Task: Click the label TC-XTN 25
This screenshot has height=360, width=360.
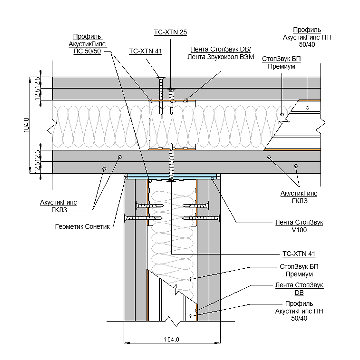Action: (170, 32)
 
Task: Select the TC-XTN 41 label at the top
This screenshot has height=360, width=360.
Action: (145, 51)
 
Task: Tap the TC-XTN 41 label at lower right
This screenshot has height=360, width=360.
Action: (299, 254)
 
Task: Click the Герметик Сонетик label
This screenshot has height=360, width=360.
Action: (82, 227)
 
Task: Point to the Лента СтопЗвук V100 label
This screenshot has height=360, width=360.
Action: (299, 226)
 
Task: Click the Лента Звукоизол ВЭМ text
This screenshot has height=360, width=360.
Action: (221, 57)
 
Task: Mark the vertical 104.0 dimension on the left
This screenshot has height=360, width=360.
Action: (27, 125)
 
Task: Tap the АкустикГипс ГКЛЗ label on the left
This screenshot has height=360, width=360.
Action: (58, 206)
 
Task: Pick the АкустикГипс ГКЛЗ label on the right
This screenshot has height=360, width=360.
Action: (299, 197)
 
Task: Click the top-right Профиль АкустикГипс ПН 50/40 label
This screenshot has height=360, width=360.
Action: (307, 37)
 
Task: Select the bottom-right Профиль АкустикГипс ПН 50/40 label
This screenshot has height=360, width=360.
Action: (299, 311)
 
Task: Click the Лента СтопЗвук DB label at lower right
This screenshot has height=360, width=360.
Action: (299, 289)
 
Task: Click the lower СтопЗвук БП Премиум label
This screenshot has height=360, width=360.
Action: (299, 271)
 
